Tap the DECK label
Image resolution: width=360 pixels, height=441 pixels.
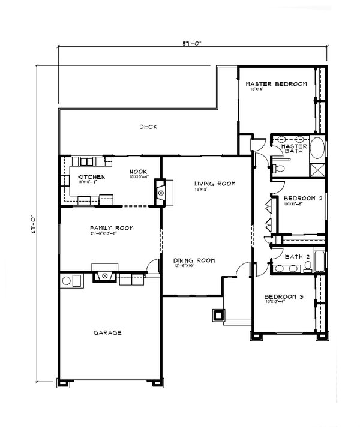pos(148,127)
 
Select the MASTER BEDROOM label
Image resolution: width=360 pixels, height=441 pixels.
pos(277,84)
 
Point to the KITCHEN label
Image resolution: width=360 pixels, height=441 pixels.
pos(88,176)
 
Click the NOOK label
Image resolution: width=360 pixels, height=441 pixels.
pos(138,172)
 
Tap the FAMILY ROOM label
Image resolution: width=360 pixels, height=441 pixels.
pos(111,228)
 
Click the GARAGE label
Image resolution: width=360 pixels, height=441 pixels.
pos(107,332)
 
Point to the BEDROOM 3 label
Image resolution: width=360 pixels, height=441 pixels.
pos(286,296)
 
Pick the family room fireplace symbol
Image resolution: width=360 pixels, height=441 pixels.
pos(106,276)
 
